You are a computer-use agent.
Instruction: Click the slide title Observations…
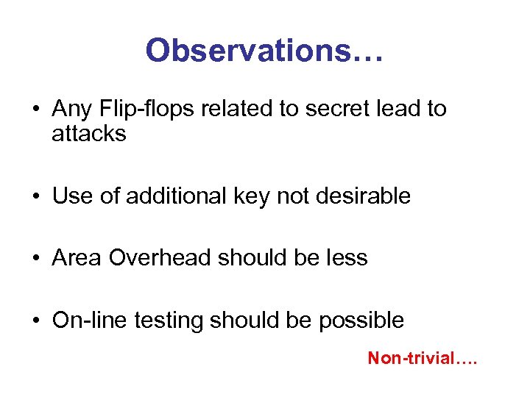pyautogui.click(x=264, y=51)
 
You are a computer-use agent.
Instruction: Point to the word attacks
pyautogui.click(x=89, y=134)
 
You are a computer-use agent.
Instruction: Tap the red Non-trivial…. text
pyautogui.click(x=423, y=359)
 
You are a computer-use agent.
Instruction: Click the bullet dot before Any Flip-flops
pyautogui.click(x=35, y=110)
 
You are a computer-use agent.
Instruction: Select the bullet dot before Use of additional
pyautogui.click(x=35, y=196)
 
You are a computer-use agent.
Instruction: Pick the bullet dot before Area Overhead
pyautogui.click(x=35, y=259)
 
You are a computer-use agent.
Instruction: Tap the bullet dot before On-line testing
pyautogui.click(x=35, y=321)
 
